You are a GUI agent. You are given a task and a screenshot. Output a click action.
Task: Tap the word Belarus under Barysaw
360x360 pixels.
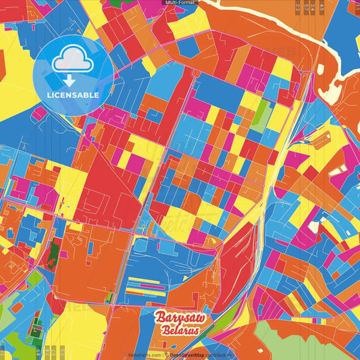point(180,331)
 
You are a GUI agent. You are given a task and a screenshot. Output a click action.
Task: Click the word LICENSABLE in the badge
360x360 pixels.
point(73,95)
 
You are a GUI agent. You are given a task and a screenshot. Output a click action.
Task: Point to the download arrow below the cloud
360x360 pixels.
point(73,79)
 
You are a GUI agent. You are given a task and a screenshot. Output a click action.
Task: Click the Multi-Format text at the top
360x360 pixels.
point(180,3)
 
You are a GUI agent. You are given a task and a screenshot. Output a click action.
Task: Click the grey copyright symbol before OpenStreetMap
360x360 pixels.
point(166,355)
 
